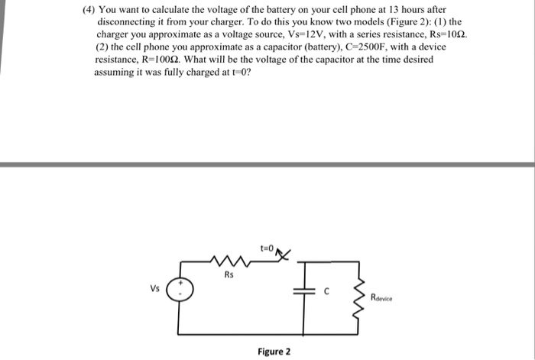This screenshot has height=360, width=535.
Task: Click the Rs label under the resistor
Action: pyautogui.click(x=229, y=275)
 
